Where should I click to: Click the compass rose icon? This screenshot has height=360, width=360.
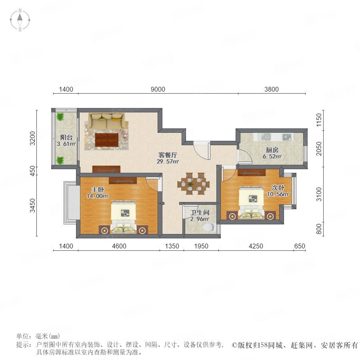20,20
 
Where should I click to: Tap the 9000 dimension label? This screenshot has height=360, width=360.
158,89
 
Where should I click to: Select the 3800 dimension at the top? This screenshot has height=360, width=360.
271,89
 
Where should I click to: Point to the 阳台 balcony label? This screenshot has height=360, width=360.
66,138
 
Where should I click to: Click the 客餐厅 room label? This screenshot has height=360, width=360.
168,155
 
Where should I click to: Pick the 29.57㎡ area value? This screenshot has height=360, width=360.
168,162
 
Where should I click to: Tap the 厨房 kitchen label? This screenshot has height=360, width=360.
272,150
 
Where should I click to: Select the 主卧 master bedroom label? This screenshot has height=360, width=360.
98,190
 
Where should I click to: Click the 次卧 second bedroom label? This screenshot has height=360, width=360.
278,188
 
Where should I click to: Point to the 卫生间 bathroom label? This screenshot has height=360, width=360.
200,213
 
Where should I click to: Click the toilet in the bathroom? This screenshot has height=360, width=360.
209,227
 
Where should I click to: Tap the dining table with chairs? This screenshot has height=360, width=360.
193,184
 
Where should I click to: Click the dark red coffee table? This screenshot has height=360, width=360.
107,140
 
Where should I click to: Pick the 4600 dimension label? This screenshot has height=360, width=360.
119,246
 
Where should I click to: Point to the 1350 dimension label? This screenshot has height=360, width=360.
172,246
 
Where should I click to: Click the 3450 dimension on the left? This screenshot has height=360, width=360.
33,206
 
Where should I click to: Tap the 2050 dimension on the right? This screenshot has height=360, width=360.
319,148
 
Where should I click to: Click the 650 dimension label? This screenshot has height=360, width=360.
300,246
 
